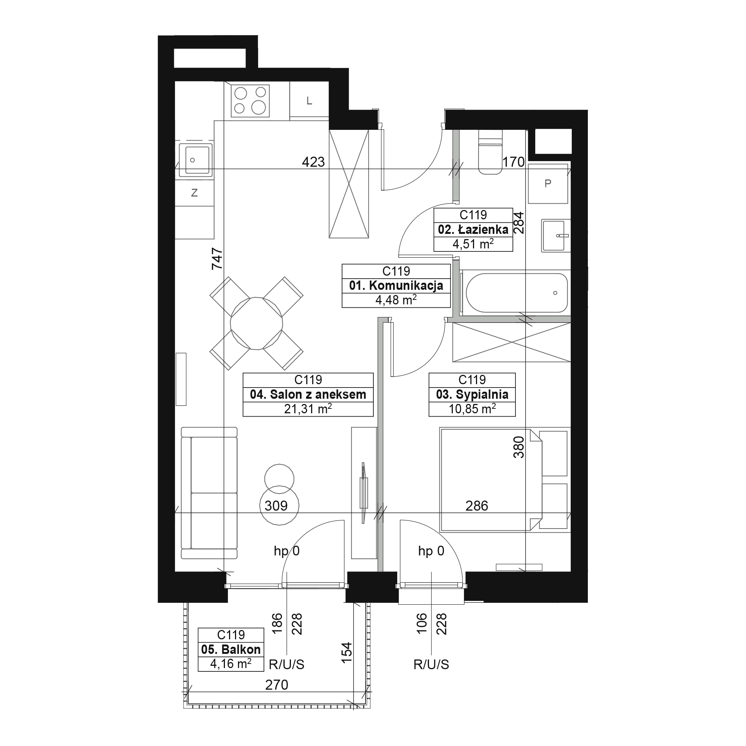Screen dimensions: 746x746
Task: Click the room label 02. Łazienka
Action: pyautogui.click(x=473, y=230)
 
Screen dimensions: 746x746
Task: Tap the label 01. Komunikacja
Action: pyautogui.click(x=396, y=286)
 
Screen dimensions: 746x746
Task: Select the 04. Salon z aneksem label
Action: pyautogui.click(x=308, y=395)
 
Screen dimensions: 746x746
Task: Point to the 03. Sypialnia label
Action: pyautogui.click(x=472, y=395)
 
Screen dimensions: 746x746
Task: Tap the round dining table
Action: pyautogui.click(x=256, y=323)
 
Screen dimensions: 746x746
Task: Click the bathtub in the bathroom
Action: pyautogui.click(x=517, y=293)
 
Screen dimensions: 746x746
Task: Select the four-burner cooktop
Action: pyautogui.click(x=250, y=101)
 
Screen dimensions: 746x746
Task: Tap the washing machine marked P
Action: pyautogui.click(x=548, y=184)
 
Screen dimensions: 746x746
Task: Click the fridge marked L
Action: pyautogui.click(x=309, y=101)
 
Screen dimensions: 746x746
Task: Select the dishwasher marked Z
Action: pyautogui.click(x=195, y=193)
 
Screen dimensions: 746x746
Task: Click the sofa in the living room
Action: pyautogui.click(x=209, y=493)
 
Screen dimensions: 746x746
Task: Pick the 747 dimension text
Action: pyautogui.click(x=217, y=258)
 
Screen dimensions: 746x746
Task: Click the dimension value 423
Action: pyautogui.click(x=313, y=162)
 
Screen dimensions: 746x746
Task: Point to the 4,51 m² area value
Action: pyautogui.click(x=473, y=244)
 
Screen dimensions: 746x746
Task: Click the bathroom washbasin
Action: pyautogui.click(x=556, y=235)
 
